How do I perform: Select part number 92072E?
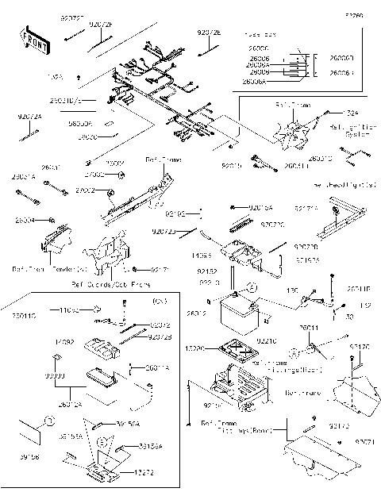point(209,33)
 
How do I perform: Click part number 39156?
point(29,457)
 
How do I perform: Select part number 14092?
point(63,340)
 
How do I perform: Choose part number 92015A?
point(260,207)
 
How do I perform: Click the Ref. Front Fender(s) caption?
point(38,269)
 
